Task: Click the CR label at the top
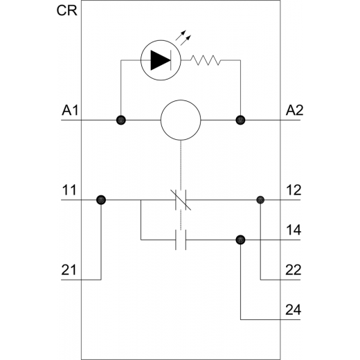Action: (66, 10)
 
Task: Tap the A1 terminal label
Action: (70, 110)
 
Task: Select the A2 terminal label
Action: (294, 110)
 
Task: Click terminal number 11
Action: (69, 190)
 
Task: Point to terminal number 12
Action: (294, 190)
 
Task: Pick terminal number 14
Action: (294, 230)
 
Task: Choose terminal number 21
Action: (69, 270)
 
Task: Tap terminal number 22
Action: (294, 270)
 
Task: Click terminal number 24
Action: (294, 310)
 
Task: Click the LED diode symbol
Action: (161, 60)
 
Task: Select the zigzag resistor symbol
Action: (206, 60)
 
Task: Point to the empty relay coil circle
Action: (181, 120)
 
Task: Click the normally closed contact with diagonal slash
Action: (181, 200)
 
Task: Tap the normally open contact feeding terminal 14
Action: (181, 240)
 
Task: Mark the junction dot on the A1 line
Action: (121, 120)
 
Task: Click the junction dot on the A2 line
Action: (240, 120)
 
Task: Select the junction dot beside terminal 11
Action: (101, 200)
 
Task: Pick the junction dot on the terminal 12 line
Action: (260, 200)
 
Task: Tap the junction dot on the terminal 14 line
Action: (240, 240)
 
